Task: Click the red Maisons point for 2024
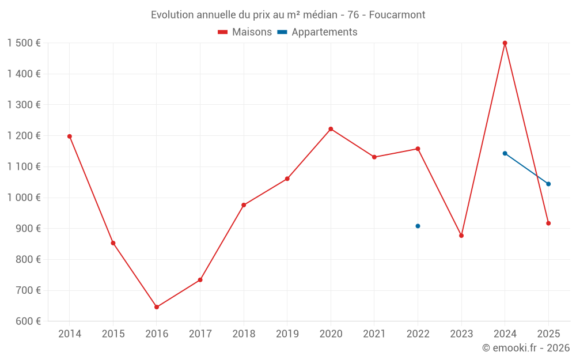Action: click(x=505, y=43)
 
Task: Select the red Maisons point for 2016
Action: click(x=157, y=307)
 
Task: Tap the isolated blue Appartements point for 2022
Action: click(x=418, y=226)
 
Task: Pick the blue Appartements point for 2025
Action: click(x=548, y=184)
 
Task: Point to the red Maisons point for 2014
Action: click(x=70, y=137)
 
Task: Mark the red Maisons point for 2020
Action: click(x=331, y=129)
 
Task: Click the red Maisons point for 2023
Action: click(x=461, y=236)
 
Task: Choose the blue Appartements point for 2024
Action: click(x=505, y=154)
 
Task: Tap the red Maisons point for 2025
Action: click(x=548, y=223)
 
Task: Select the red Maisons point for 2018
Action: click(x=244, y=205)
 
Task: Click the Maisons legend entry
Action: click(x=245, y=32)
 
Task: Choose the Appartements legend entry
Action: click(x=317, y=32)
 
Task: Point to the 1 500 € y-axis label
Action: click(x=24, y=43)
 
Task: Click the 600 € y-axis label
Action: click(x=28, y=321)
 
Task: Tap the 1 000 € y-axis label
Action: click(x=24, y=198)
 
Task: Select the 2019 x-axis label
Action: click(x=287, y=334)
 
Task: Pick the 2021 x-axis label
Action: click(x=374, y=334)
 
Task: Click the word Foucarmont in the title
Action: click(x=397, y=15)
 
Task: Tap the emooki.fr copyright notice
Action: click(x=526, y=347)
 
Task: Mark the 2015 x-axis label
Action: click(x=113, y=334)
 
